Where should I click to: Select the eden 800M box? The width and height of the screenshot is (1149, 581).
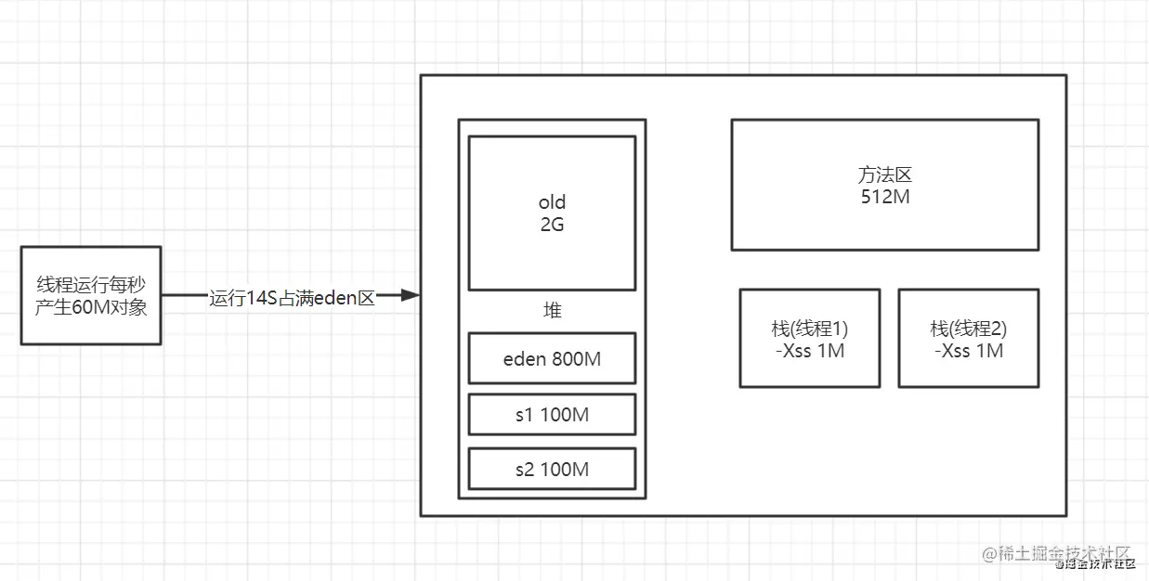coord(552,358)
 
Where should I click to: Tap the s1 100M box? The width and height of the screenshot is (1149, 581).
coord(552,414)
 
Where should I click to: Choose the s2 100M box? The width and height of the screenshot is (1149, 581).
coord(552,469)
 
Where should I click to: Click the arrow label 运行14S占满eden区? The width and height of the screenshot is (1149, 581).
coord(292,298)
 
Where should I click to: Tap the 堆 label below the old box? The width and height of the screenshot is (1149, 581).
coord(552,311)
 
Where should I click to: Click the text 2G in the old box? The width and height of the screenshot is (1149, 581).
coord(552,224)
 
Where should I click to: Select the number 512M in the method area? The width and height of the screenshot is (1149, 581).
coord(884,196)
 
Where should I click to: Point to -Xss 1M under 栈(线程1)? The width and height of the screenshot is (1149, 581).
coord(809,351)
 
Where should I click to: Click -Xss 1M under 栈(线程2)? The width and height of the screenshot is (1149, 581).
coord(968,351)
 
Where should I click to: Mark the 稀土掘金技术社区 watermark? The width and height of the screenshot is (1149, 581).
coord(1059,555)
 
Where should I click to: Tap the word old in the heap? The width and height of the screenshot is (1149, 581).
coord(552,202)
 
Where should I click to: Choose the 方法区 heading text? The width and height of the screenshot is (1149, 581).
coord(884,174)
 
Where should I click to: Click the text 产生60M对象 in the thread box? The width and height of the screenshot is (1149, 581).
coord(91,306)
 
